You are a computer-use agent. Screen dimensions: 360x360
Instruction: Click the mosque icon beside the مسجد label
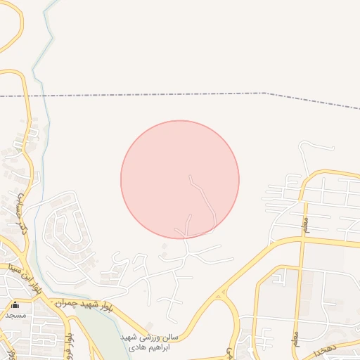point(15,304)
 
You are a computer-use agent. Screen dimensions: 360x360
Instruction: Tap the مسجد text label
point(15,315)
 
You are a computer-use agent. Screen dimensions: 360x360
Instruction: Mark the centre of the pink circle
point(180,180)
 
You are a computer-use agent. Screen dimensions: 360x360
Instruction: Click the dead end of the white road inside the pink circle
point(190,175)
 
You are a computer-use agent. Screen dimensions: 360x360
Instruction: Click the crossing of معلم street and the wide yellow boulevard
point(302,240)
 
